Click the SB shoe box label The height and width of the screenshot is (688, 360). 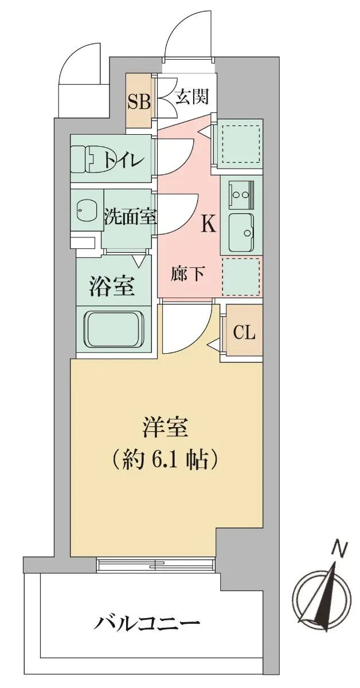[x=139, y=102]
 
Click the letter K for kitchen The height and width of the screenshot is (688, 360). [x=208, y=224]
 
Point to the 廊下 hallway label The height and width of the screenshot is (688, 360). [x=188, y=273]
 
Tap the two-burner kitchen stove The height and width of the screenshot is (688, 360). [x=241, y=194]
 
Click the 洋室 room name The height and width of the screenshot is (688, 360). [x=165, y=428]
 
